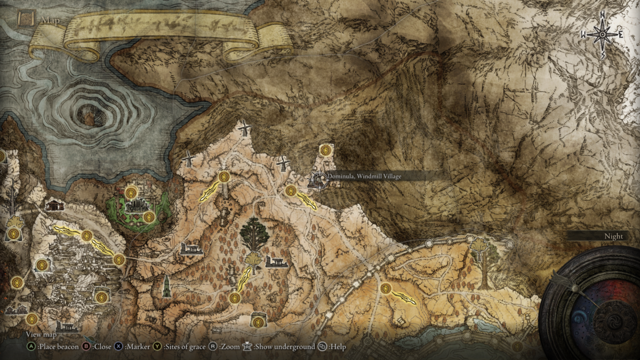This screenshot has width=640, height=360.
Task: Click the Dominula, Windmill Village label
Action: point(364,176)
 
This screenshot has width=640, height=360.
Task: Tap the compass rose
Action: point(602,34)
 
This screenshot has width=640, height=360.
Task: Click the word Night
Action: point(614,236)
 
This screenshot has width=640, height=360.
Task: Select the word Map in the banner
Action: point(47,22)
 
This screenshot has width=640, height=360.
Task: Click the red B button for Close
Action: point(85,347)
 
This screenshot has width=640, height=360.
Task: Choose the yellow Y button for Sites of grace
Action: point(158,347)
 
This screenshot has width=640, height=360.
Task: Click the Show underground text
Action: point(284,347)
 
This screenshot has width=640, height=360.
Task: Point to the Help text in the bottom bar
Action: point(338,347)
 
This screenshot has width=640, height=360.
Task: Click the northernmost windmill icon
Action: point(244,128)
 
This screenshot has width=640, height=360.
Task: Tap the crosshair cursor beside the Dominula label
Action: point(318,181)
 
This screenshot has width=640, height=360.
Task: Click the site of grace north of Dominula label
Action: point(326,150)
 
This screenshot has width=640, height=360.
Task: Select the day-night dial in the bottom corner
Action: point(592,309)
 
